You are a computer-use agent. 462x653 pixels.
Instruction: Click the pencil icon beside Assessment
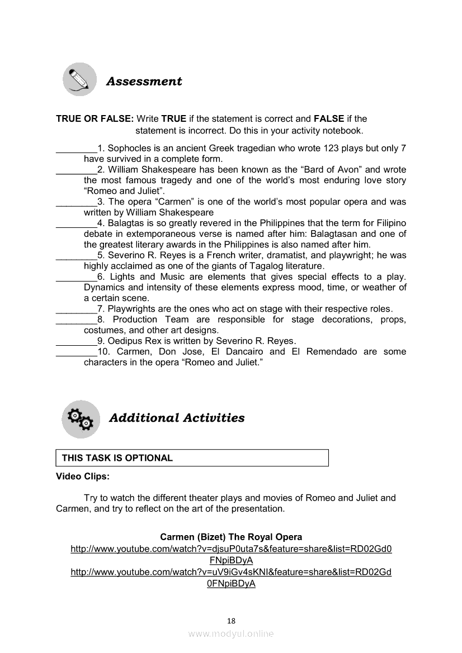coord(79,79)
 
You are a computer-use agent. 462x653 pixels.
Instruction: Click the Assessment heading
coord(144,82)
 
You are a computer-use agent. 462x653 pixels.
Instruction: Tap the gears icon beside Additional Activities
coord(79,419)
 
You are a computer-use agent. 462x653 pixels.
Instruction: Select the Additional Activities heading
coord(177,418)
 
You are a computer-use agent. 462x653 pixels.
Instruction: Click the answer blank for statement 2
coord(76,169)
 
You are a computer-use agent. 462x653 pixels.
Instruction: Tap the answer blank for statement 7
coord(76,308)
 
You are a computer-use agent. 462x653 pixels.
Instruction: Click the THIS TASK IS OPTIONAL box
coord(192,458)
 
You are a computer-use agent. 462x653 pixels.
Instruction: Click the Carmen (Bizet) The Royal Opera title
coord(231,537)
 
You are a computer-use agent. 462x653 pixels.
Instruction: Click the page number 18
coord(231,621)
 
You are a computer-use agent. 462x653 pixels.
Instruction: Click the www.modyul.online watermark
coord(231,633)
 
